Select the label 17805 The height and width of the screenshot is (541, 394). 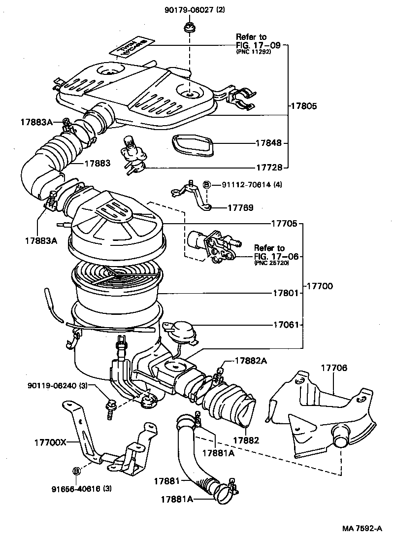click(x=304, y=106)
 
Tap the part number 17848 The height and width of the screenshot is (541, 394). click(x=268, y=143)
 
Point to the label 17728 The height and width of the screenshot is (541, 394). click(x=269, y=168)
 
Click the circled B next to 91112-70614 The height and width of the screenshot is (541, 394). click(x=207, y=185)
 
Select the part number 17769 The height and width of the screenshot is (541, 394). click(x=240, y=208)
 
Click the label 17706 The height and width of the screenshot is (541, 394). click(x=334, y=368)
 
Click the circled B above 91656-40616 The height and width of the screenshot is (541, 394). click(x=77, y=471)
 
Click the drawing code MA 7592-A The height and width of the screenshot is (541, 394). click(x=362, y=529)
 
